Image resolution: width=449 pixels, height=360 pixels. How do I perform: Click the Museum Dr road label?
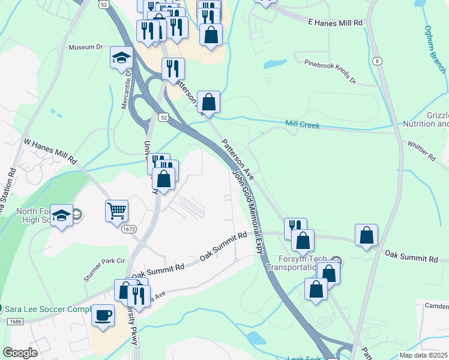86,47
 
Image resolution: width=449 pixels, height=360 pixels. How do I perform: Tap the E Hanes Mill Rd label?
336,22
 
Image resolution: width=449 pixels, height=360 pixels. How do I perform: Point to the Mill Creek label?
303,125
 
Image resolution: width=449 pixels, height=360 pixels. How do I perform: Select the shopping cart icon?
116,211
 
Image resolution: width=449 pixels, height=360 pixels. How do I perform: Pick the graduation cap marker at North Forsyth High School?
61,215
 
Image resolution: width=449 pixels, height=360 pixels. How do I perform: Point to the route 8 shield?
376,61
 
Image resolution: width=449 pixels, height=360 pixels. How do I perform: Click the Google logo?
20,352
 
